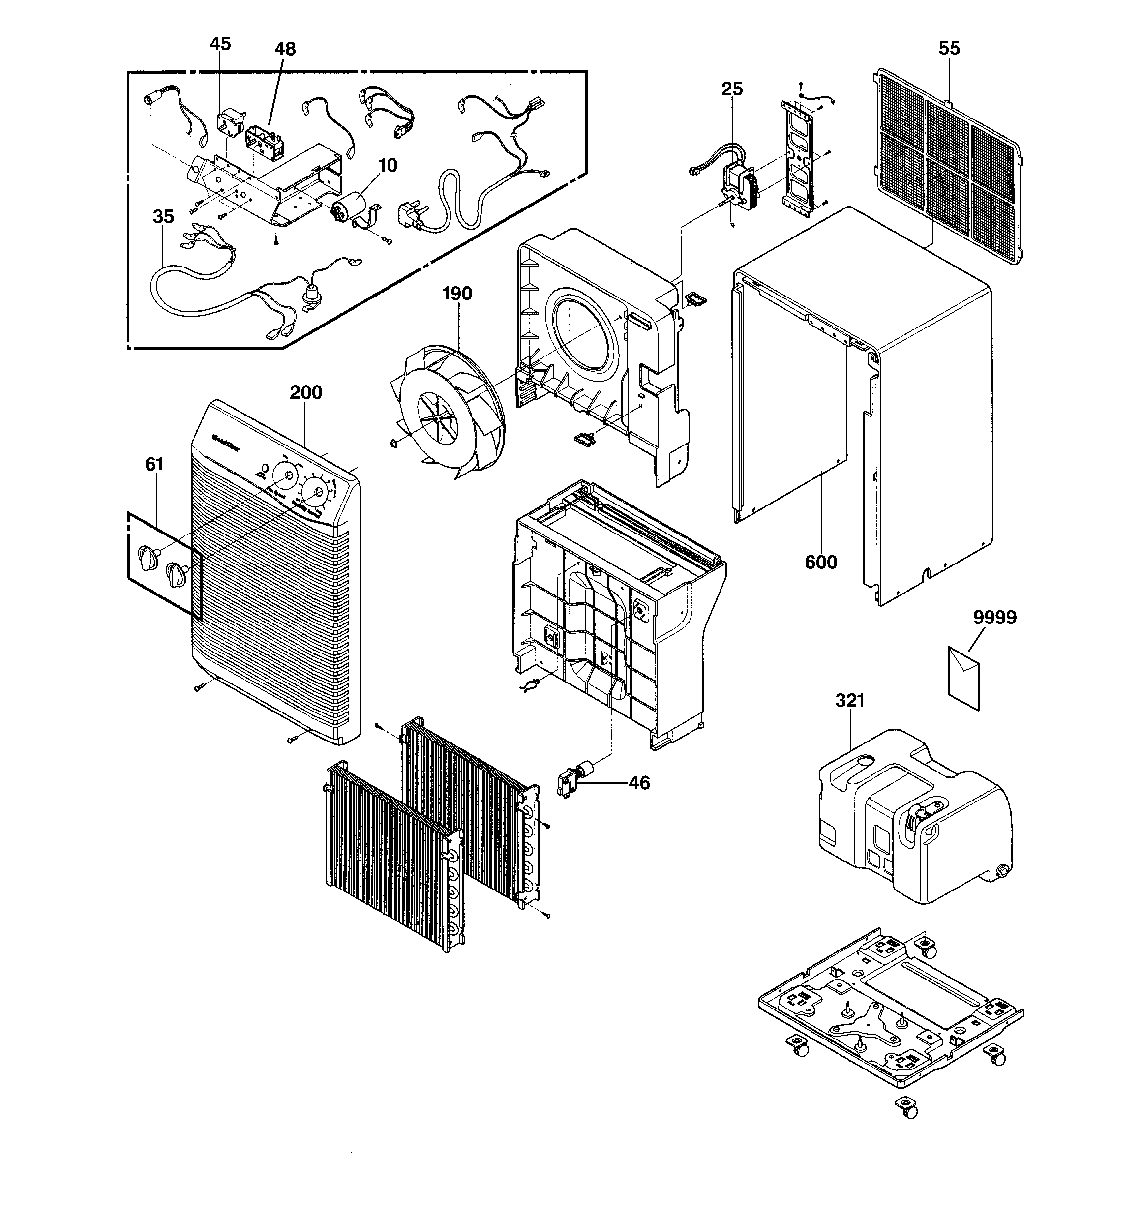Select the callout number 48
[285, 49]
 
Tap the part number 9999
[994, 617]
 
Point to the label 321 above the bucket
[850, 700]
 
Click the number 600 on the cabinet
[821, 562]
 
